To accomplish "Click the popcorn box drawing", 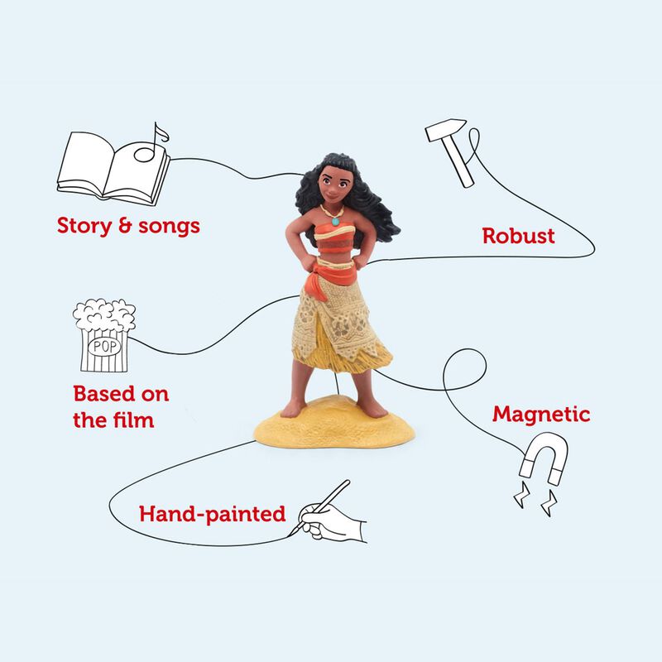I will [103, 335].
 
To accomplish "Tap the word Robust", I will [519, 237].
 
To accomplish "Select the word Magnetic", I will [541, 414].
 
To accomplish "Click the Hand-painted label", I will [212, 514].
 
